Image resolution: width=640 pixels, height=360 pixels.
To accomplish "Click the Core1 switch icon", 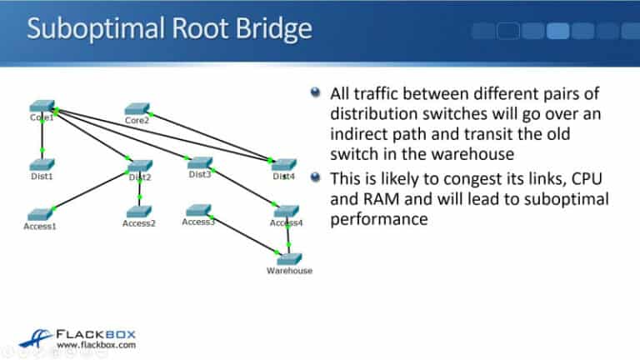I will [x=41, y=107].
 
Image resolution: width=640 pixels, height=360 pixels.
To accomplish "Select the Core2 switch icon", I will [x=137, y=109].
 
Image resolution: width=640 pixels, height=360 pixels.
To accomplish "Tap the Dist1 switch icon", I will [x=41, y=165].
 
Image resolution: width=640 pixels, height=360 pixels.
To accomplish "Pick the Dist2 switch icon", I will [x=139, y=165].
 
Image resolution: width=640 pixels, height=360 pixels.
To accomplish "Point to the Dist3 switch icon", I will [x=200, y=163].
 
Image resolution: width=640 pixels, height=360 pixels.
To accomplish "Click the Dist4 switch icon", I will [x=283, y=164].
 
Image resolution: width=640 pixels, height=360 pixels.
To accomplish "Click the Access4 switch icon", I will [x=286, y=212].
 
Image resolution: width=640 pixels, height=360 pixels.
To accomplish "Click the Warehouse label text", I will [x=289, y=271].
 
